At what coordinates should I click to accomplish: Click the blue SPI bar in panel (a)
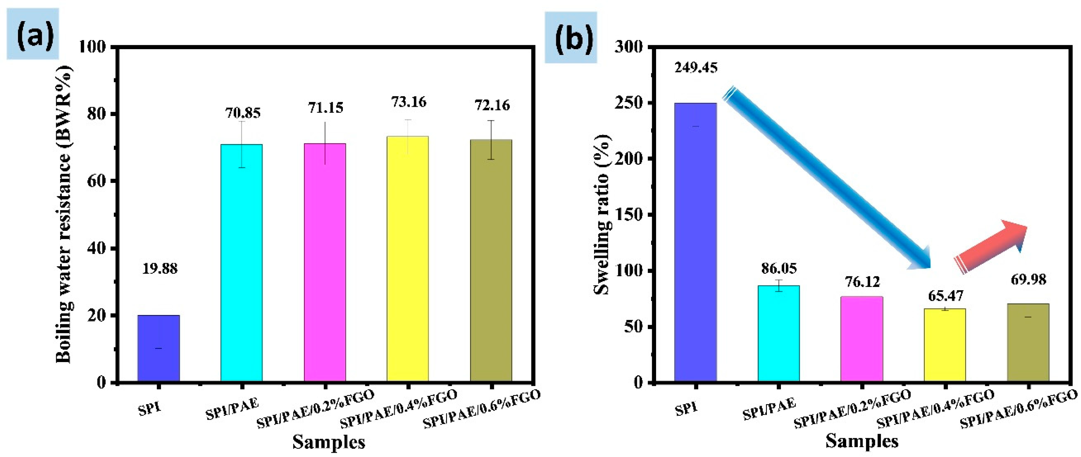tap(159, 348)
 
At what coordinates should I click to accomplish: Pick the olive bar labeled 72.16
tap(491, 260)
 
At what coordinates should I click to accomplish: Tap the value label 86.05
tap(779, 268)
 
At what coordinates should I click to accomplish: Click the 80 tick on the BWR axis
tap(96, 114)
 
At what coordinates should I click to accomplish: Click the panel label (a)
tap(33, 34)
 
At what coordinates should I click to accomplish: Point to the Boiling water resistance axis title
tap(64, 214)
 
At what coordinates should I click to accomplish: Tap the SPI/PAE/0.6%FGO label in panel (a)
tap(482, 409)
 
